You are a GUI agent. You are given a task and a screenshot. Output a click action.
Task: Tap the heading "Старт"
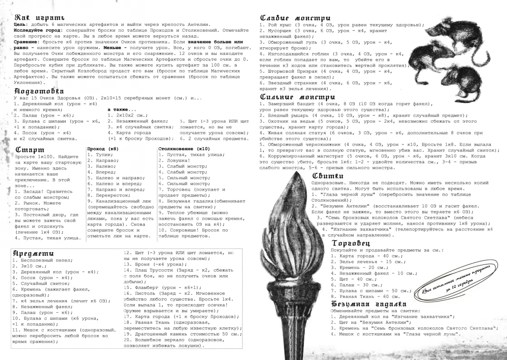coord(29,149)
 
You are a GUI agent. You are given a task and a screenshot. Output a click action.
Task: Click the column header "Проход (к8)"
coord(103,149)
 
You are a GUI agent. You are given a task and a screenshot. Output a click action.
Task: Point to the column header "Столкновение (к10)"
coord(183,149)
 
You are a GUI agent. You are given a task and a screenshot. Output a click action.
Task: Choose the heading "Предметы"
coord(34,253)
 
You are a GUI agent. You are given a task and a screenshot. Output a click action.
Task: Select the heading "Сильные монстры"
coord(297,97)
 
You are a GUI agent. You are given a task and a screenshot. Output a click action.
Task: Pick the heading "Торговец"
coord(350,243)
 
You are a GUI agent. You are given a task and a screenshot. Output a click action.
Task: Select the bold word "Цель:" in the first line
coord(20,24)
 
